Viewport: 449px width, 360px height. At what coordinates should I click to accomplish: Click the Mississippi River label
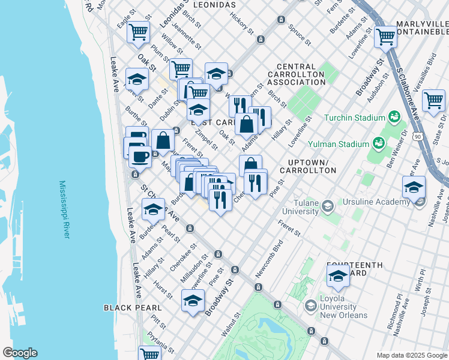64,209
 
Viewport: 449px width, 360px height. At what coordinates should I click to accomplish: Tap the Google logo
20,353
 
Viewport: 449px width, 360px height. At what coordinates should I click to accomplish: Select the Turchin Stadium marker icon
394,116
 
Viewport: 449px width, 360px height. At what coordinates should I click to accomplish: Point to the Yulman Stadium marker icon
379,143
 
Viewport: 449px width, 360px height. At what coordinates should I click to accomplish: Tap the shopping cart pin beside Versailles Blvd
433,100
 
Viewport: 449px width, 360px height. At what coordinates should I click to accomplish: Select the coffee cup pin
140,157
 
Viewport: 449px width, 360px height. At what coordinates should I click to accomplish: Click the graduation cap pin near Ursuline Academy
414,187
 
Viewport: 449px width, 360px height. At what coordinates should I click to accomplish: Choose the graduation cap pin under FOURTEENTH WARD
338,276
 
